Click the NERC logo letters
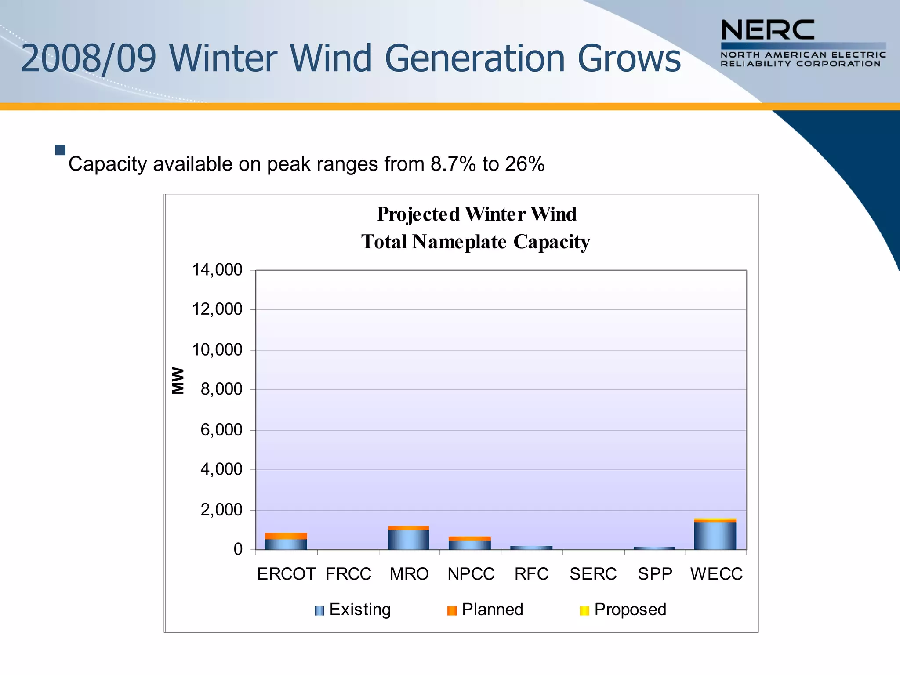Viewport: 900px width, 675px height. (x=767, y=30)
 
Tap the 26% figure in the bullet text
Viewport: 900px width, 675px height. (x=525, y=164)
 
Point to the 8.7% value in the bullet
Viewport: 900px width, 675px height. (x=453, y=164)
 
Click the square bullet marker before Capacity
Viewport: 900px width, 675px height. (x=60, y=150)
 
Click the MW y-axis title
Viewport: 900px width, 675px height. (x=178, y=381)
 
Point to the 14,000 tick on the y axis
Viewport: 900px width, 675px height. (x=217, y=269)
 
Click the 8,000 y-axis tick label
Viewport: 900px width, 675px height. (x=221, y=389)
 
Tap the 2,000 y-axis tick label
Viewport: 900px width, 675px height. (x=221, y=510)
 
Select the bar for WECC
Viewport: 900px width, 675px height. (x=715, y=534)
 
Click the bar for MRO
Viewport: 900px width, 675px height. (x=408, y=538)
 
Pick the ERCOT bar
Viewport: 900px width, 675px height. (x=286, y=541)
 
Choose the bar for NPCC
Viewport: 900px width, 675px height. (x=469, y=543)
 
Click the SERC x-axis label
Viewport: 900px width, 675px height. (x=593, y=574)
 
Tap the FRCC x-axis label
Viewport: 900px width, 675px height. (x=348, y=574)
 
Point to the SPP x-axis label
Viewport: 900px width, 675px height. (x=655, y=574)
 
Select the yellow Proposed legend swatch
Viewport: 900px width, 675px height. (x=584, y=611)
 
